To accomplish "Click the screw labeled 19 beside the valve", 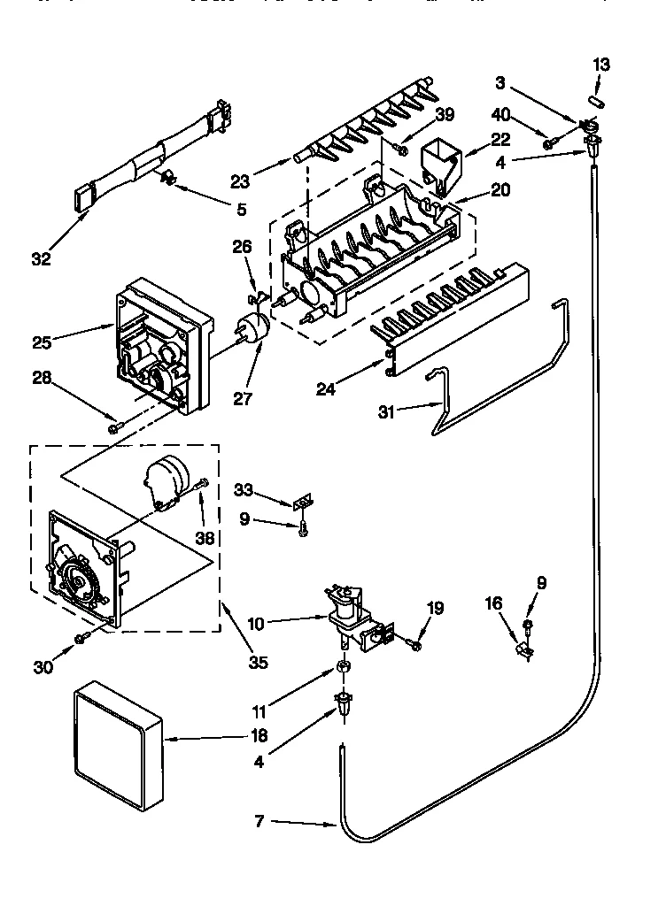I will (415, 647).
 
